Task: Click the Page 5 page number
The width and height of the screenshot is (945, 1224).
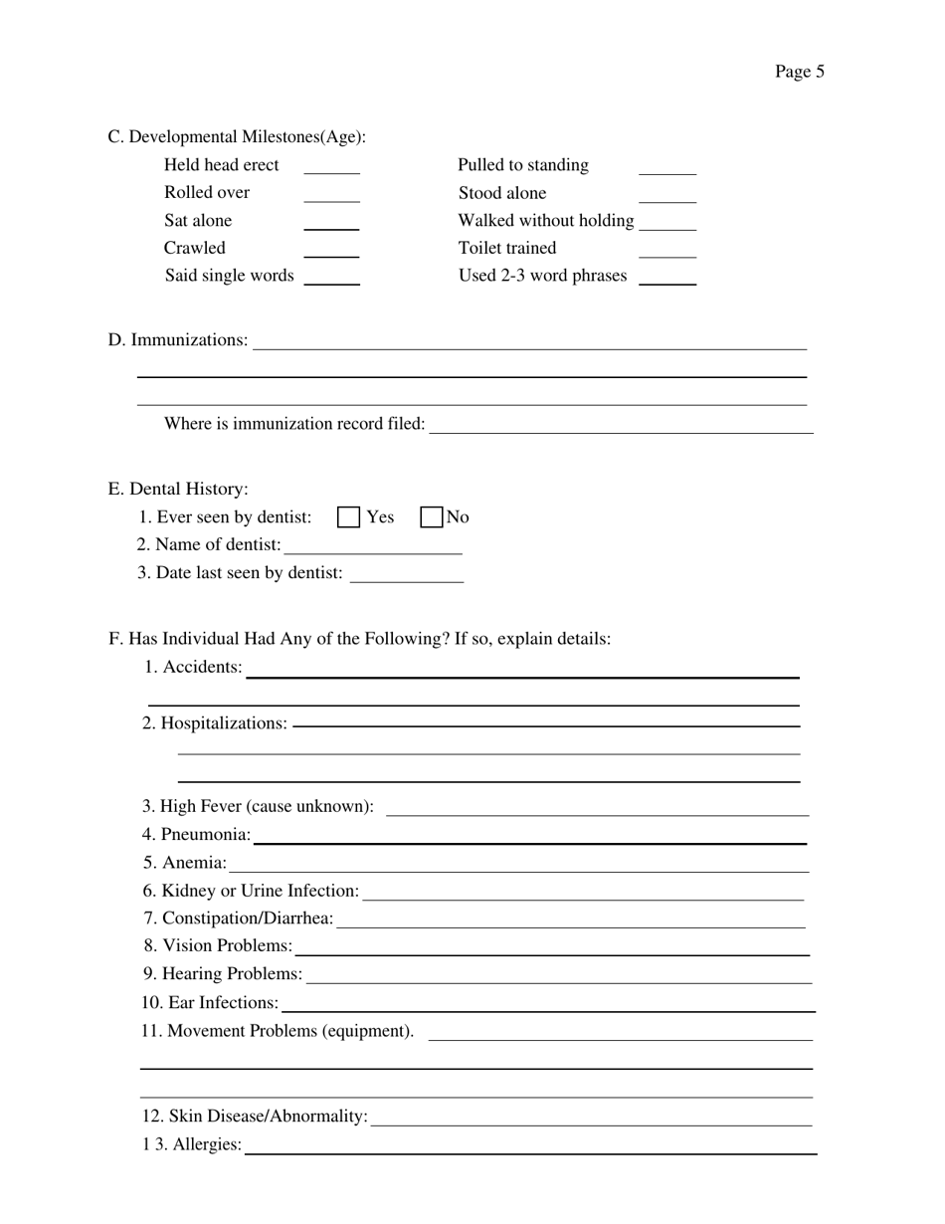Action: point(799,72)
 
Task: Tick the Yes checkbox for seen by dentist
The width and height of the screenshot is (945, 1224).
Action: point(348,517)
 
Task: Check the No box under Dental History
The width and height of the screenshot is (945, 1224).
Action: point(431,517)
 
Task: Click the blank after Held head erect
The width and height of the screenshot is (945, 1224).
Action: point(331,167)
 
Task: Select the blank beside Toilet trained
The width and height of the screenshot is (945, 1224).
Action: point(666,250)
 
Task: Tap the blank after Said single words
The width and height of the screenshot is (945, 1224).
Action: point(331,278)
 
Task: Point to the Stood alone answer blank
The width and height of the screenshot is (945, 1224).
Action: point(666,195)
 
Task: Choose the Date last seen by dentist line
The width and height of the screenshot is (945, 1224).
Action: point(407,574)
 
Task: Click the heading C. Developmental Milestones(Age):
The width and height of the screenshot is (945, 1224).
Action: point(237,137)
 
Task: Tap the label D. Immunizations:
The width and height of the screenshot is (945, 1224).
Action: point(178,340)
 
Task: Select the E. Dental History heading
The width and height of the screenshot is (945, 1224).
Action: point(178,490)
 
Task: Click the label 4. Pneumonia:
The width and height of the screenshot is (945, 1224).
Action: point(197,835)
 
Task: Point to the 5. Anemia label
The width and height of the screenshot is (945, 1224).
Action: point(185,863)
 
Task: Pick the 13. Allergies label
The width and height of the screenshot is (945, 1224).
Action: point(192,1145)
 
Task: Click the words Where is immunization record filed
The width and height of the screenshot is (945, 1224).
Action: point(294,425)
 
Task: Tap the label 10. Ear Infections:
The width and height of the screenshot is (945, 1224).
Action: point(210,1003)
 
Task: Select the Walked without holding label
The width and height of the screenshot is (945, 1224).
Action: point(545,221)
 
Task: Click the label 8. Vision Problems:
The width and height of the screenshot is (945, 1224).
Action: point(218,945)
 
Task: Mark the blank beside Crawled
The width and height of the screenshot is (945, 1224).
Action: point(331,250)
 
